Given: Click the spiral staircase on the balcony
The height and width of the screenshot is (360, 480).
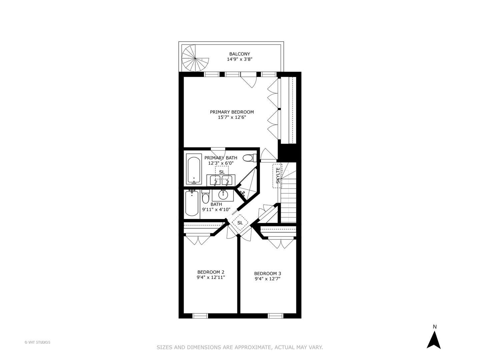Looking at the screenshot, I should point(195,58).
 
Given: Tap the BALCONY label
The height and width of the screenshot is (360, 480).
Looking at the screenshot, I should point(239,54).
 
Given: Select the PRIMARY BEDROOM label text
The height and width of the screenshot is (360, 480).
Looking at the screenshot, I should point(232,112).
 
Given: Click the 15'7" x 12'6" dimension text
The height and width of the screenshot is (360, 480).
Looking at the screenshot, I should point(232,117).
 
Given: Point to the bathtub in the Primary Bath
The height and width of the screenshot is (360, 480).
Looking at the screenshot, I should point(194,169).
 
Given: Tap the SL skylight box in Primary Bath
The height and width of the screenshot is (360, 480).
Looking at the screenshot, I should point(222,172).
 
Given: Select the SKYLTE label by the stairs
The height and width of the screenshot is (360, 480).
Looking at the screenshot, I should point(277,176).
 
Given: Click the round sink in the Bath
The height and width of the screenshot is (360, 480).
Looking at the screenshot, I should point(223,195).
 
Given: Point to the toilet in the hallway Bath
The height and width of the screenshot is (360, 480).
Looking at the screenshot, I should point(205,197).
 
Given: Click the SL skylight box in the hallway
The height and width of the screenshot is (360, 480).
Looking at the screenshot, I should point(240,222).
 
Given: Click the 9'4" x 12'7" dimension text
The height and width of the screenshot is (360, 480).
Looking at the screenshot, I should point(267,279).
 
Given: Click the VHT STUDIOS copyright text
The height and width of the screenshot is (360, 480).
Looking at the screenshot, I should point(37,342).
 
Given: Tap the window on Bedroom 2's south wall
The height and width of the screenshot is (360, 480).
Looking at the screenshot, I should point(200,315).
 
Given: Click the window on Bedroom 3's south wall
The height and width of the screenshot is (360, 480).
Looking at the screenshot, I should point(276,315).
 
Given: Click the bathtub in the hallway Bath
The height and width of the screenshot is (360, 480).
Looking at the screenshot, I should point(192,203).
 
